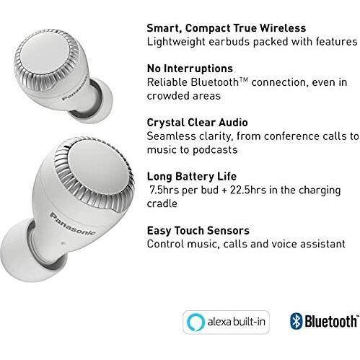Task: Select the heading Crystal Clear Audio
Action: point(197,123)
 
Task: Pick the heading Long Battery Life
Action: point(191,176)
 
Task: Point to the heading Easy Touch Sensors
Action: point(198,230)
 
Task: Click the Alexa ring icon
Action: point(194,321)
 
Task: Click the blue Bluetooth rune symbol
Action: point(295,321)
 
